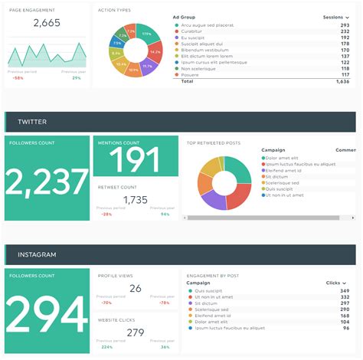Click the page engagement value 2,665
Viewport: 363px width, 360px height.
click(47, 23)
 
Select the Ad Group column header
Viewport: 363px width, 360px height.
click(187, 16)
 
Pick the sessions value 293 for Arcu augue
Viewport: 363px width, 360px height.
click(345, 25)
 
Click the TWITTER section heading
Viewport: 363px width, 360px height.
click(31, 122)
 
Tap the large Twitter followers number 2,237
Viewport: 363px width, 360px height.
click(47, 183)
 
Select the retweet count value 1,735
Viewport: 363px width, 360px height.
click(135, 200)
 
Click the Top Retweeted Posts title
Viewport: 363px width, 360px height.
click(214, 142)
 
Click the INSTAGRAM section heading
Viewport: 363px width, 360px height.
click(37, 254)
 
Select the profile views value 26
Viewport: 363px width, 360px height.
click(135, 289)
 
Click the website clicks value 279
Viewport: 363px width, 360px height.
click(135, 332)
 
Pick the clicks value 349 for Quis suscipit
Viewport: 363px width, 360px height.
click(345, 291)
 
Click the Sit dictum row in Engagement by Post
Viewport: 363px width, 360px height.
click(205, 303)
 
